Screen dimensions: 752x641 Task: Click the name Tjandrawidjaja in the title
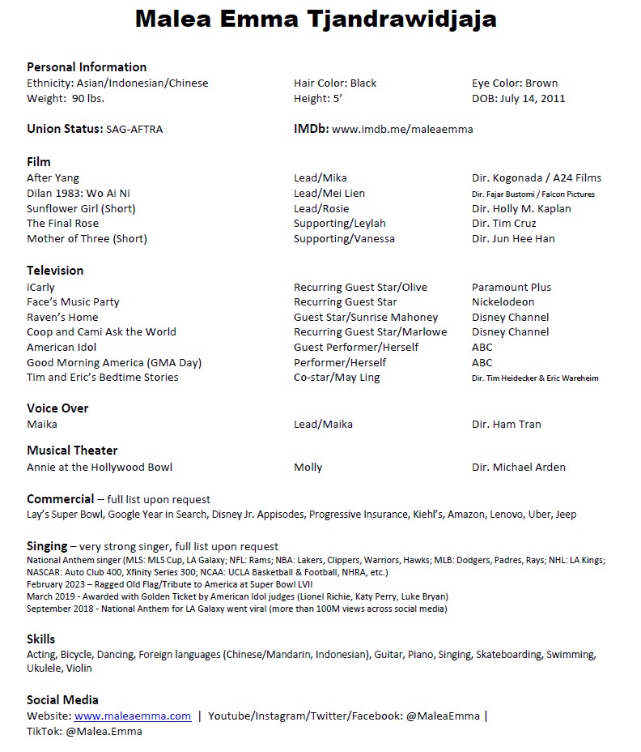click(x=405, y=19)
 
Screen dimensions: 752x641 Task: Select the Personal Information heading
click(x=87, y=67)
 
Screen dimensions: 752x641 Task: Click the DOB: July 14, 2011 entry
click(x=518, y=98)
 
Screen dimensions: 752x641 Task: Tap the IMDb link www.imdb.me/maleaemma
click(x=402, y=129)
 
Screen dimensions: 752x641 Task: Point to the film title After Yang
click(x=53, y=177)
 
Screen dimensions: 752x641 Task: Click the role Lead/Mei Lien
click(x=329, y=193)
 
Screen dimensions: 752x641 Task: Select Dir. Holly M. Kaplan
click(x=521, y=208)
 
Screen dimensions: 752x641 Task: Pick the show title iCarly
click(x=40, y=287)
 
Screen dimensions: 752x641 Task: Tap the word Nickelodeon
click(x=503, y=301)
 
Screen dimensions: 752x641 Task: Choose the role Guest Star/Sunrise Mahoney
click(x=365, y=317)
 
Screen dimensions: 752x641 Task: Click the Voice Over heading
click(x=57, y=408)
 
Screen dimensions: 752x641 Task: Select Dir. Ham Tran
click(x=506, y=424)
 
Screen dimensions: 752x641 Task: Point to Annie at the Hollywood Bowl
click(x=99, y=467)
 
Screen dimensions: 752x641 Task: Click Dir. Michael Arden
click(x=518, y=467)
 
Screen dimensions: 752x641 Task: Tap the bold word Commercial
click(x=60, y=499)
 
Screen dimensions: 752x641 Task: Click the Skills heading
click(x=41, y=638)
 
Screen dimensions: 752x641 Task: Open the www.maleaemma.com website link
click(x=133, y=716)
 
